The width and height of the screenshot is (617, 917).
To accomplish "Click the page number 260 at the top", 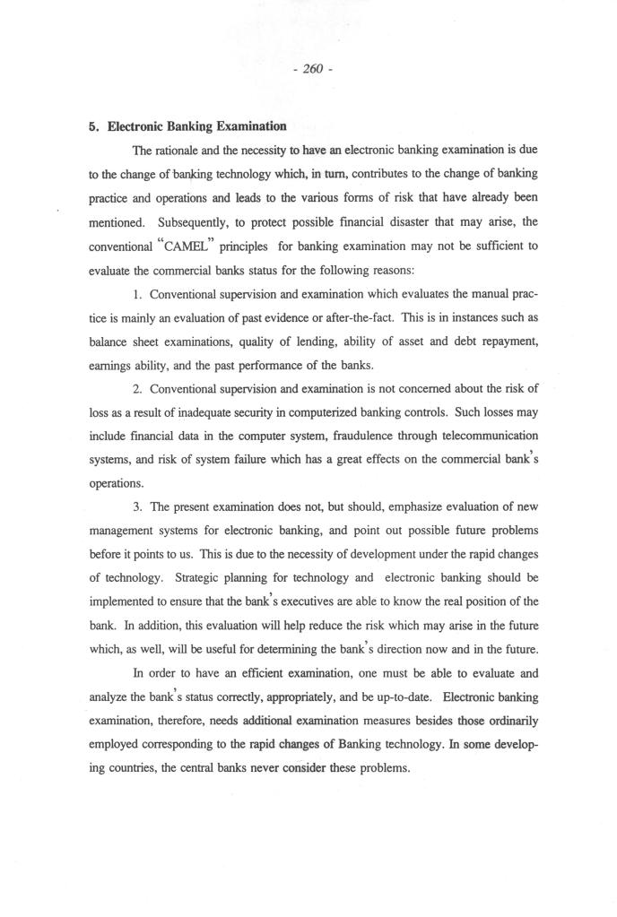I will point(312,70).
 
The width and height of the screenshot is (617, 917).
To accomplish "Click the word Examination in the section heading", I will point(250,126).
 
